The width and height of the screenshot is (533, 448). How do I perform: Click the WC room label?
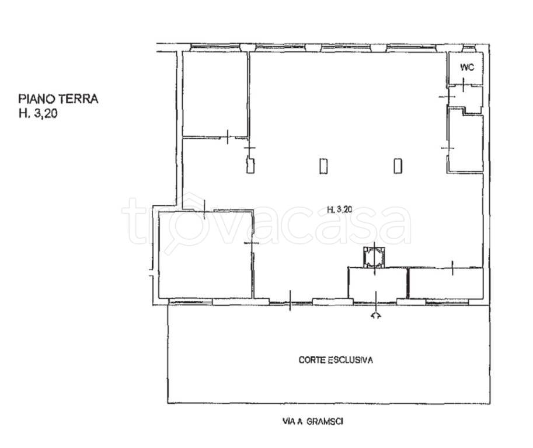467,68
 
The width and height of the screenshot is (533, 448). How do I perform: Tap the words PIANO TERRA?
58,99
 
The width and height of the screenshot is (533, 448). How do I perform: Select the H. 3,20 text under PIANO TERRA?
38,113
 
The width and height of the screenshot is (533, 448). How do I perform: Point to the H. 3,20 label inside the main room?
340,209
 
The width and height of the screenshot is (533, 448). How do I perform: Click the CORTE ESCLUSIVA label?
336,360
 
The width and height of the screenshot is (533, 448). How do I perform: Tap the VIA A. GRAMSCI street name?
313,422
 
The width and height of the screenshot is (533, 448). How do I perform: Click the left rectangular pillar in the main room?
323,166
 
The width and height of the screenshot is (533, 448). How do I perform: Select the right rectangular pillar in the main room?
398,166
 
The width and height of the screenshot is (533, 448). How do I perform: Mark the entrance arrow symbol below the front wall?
375,316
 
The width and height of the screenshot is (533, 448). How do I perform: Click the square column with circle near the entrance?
374,257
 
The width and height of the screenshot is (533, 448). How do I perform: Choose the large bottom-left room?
205,255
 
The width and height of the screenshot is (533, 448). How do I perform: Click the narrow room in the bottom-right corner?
446,283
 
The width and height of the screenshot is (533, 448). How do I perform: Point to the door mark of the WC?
464,85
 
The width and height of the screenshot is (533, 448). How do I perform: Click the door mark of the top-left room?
228,137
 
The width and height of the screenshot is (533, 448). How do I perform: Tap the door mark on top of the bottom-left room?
204,210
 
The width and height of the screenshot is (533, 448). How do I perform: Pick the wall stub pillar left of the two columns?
250,166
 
